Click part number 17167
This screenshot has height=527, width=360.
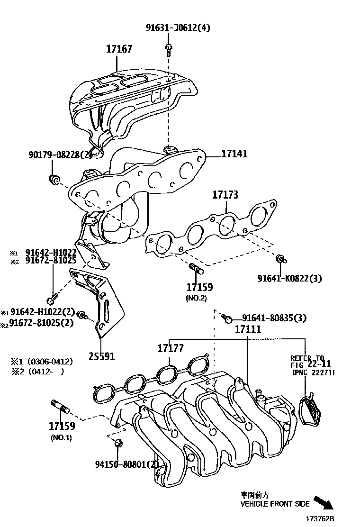(x=119, y=49)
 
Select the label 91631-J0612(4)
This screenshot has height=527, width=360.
(x=178, y=27)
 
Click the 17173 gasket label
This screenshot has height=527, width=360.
(x=225, y=195)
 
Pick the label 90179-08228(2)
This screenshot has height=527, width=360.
(x=60, y=154)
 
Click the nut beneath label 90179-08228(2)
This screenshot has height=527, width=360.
(x=54, y=179)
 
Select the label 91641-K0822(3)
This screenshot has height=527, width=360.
(x=289, y=279)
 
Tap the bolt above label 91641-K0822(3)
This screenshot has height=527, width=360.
(x=281, y=259)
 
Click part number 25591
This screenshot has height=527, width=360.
(x=102, y=356)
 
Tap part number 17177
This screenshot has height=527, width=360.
(x=171, y=349)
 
